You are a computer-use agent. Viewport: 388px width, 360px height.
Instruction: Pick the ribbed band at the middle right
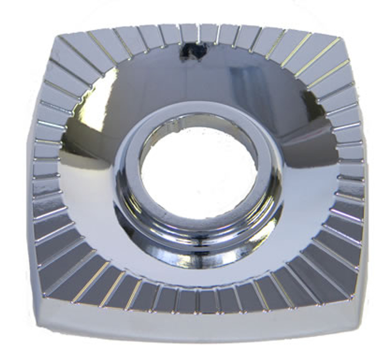(x=349, y=170)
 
